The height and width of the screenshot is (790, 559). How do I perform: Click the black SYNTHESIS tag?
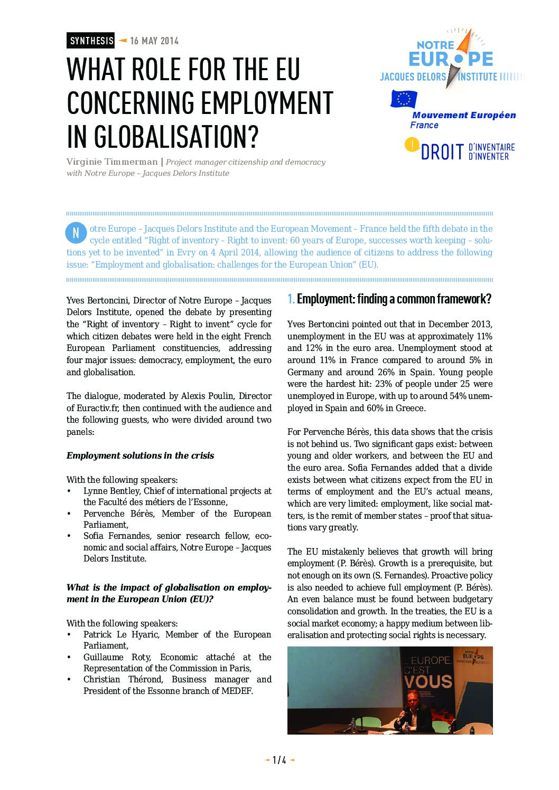click(x=91, y=41)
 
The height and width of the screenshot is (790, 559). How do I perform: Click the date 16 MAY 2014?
click(x=154, y=41)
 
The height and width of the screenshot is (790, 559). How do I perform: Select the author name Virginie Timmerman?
click(x=112, y=162)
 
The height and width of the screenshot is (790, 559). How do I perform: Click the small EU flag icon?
click(x=404, y=99)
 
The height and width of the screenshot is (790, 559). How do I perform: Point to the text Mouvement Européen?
click(x=464, y=115)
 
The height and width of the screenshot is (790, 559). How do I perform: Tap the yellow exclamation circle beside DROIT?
click(x=412, y=145)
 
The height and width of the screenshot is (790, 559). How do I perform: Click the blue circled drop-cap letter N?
click(x=76, y=233)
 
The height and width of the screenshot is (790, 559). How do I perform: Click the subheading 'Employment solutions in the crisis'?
click(x=140, y=455)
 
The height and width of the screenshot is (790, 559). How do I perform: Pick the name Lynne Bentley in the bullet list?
click(x=111, y=491)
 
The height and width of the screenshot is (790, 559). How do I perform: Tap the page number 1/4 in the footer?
click(x=279, y=760)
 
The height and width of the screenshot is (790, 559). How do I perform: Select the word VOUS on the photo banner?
click(x=428, y=681)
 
